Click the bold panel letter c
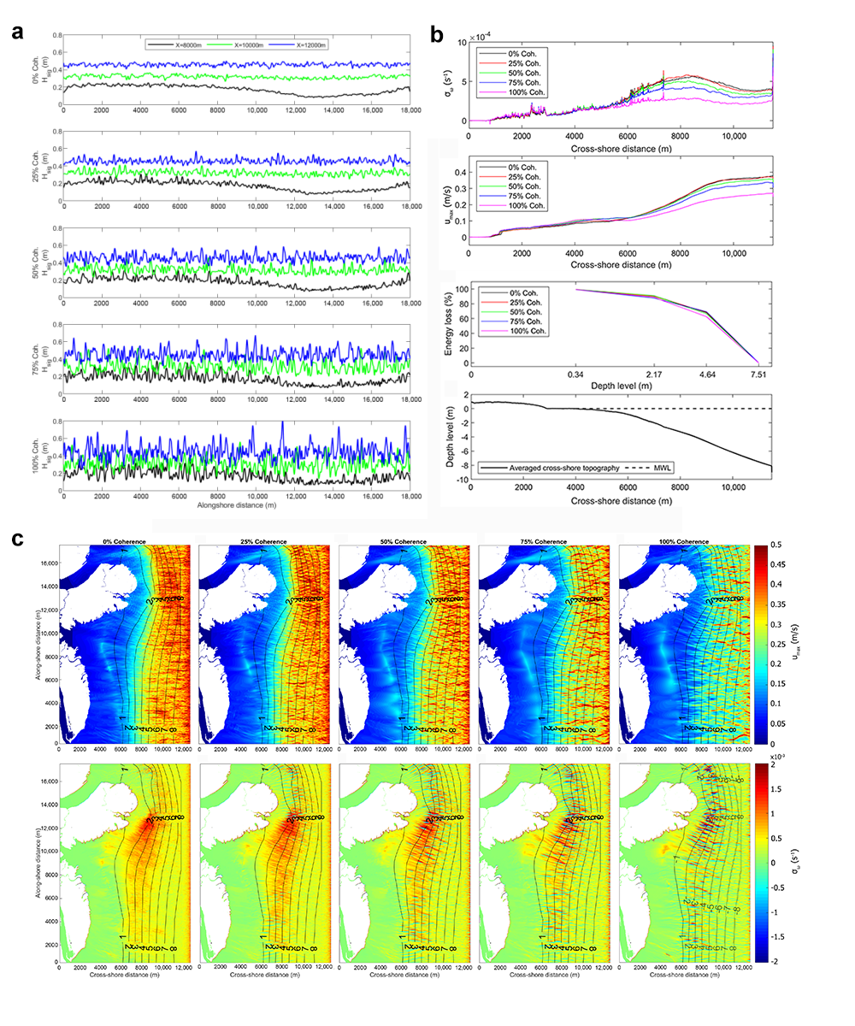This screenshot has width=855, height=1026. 16,540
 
